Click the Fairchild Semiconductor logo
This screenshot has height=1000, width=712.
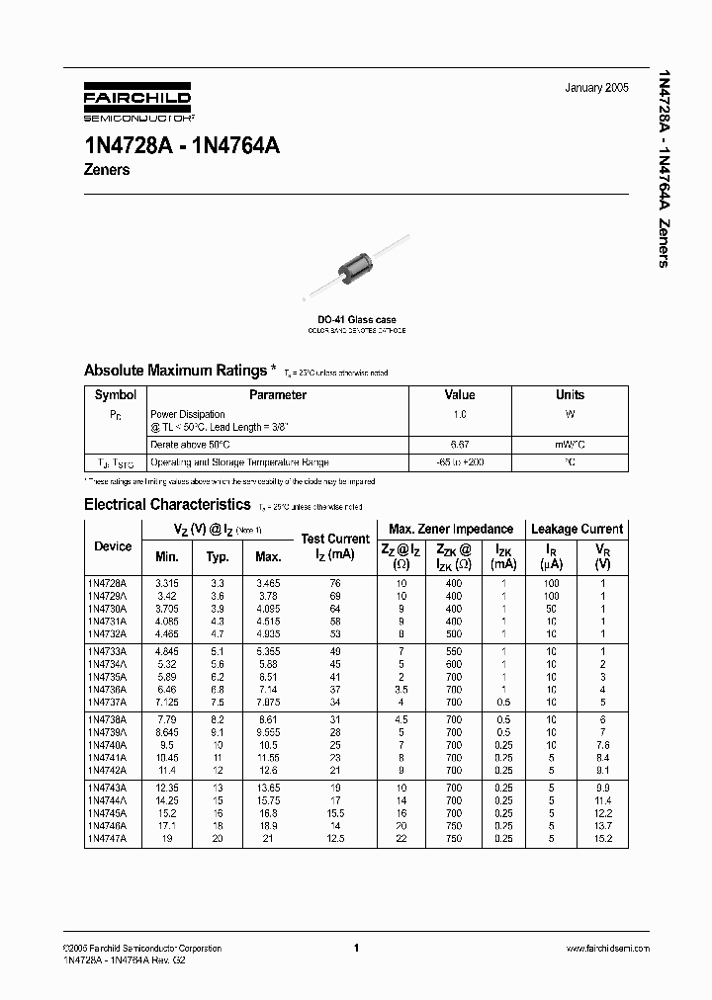(x=135, y=103)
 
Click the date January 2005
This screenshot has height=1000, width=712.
(x=596, y=88)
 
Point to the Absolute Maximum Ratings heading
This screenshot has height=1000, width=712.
(x=175, y=371)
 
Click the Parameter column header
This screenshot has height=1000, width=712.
(x=278, y=394)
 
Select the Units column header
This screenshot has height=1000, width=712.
(x=570, y=394)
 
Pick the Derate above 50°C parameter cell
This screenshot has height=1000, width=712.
(x=190, y=445)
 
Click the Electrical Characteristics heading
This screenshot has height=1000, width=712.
(x=169, y=504)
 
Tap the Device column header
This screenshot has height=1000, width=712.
(x=113, y=546)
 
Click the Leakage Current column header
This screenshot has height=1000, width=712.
(x=576, y=529)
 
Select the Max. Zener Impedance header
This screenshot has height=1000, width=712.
(x=451, y=529)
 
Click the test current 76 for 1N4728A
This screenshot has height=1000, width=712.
(x=333, y=583)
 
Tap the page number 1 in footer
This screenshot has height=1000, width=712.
(x=355, y=948)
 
